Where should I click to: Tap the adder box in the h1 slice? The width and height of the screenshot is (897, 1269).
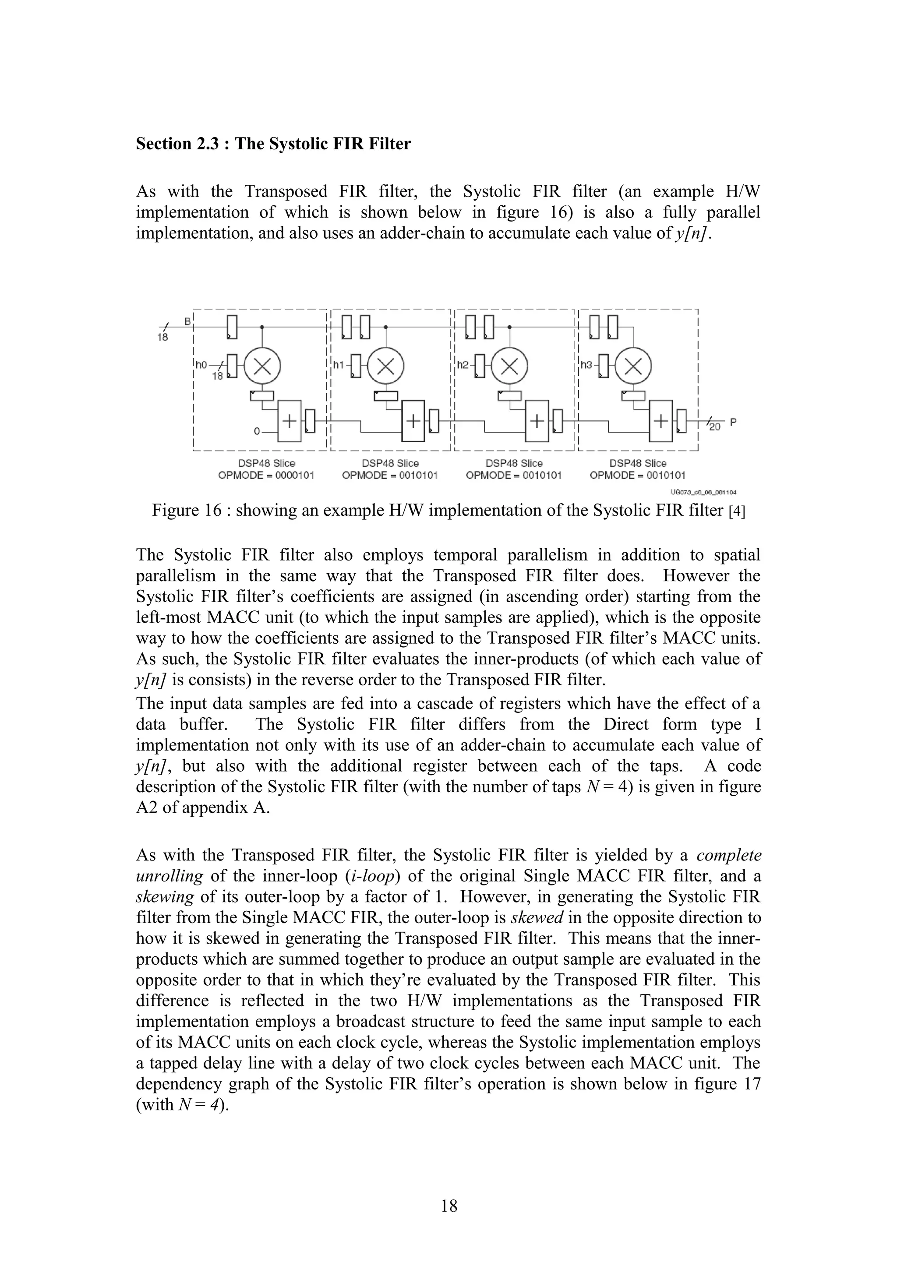[x=413, y=421]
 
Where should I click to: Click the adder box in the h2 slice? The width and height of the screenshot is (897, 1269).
[x=537, y=421]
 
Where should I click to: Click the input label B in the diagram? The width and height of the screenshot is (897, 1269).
[x=187, y=321]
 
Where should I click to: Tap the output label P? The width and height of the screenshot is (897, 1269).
[x=733, y=422]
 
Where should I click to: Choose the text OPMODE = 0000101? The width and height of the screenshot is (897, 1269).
[x=266, y=475]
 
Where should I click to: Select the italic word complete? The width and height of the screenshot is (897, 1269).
[x=728, y=855]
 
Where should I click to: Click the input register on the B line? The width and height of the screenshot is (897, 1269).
[x=232, y=327]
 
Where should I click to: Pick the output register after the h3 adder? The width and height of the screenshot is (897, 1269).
[x=682, y=421]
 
